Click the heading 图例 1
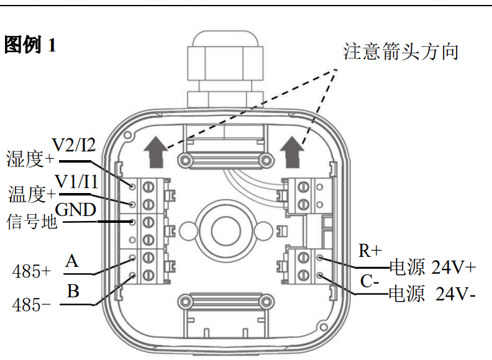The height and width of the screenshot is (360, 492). click(x=30, y=45)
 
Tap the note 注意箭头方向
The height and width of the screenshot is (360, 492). click(x=401, y=52)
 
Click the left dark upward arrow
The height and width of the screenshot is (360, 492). click(x=156, y=152)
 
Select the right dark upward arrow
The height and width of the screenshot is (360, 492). click(x=292, y=152)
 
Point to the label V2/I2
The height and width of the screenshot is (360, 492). click(x=74, y=145)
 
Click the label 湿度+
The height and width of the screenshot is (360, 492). click(x=30, y=158)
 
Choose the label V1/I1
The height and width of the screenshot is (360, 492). click(x=76, y=181)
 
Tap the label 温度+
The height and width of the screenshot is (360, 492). click(x=32, y=194)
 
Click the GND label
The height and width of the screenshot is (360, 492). click(x=76, y=209)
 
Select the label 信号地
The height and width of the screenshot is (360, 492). click(x=32, y=222)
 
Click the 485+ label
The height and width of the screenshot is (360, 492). click(x=32, y=271)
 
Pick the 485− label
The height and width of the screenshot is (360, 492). click(x=32, y=305)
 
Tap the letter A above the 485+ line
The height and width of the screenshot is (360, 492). click(x=72, y=261)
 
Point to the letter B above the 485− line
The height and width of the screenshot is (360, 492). click(x=73, y=291)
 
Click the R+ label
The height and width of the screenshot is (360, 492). click(x=370, y=251)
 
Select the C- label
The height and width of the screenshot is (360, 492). click(x=370, y=281)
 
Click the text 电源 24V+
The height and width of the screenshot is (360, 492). click(x=433, y=267)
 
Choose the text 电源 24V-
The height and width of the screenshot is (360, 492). click(x=432, y=294)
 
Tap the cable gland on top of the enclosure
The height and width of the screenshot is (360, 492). click(x=225, y=69)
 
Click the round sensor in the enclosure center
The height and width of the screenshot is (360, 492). click(x=225, y=231)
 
